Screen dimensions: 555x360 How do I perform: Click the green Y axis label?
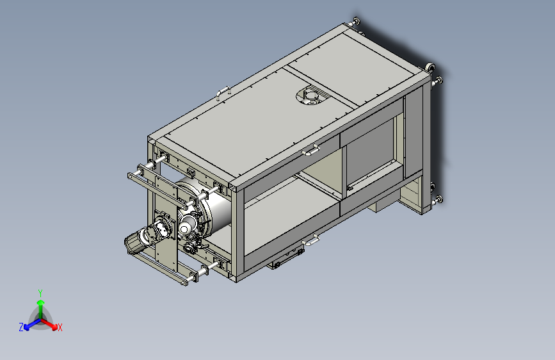tap(40, 293)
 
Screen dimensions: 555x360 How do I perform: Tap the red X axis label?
tap(60, 327)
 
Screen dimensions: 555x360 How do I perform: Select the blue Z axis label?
tap(21, 327)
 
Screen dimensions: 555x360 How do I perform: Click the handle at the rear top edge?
tap(223, 92)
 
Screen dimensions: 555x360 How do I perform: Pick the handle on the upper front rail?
tap(310, 150)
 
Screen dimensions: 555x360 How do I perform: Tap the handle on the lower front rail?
tap(310, 240)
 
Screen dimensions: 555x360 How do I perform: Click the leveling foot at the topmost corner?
tap(355, 21)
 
